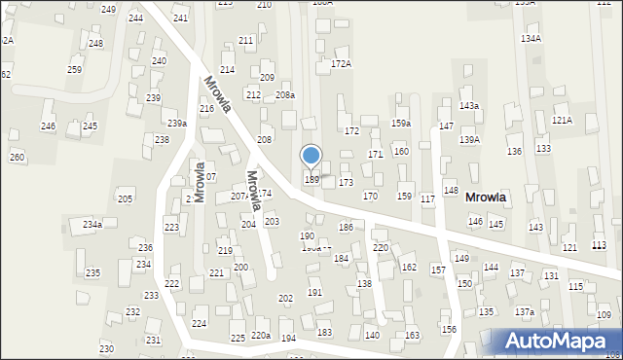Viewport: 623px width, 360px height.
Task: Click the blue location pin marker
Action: click(311, 156)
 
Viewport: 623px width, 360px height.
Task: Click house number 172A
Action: click(341, 63)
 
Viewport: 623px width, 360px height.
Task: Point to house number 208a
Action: click(285, 94)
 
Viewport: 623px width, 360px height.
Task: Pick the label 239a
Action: click(176, 123)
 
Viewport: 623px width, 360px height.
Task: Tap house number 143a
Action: click(469, 105)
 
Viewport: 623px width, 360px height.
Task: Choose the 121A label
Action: click(562, 120)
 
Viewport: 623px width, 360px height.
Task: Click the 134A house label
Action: click(531, 38)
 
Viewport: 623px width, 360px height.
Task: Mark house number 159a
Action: click(401, 123)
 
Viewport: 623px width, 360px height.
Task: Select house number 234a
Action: click(92, 224)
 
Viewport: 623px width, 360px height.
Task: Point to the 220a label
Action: click(260, 336)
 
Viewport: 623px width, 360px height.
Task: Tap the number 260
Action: click(17, 157)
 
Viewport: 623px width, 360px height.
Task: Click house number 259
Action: click(74, 69)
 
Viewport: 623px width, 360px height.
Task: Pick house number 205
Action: click(125, 198)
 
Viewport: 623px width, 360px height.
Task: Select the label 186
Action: click(346, 227)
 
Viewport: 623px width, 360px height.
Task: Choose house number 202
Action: click(285, 298)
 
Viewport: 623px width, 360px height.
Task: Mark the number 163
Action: click(412, 335)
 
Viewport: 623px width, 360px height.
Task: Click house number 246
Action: click(48, 126)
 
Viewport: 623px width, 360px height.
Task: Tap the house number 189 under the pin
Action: click(311, 179)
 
